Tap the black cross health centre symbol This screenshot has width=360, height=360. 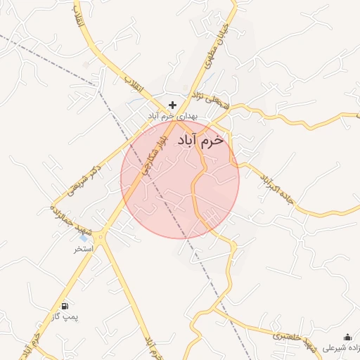click(172, 105)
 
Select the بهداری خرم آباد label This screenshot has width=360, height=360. click(173, 115)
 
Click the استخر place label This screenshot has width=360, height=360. click(84, 249)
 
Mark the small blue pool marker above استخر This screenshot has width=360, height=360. click(84, 238)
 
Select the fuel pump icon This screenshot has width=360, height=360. click(65, 306)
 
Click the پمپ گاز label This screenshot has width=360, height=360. click(65, 317)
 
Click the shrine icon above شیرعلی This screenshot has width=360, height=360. click(347, 337)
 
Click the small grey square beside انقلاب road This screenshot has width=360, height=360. click(86, 65)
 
